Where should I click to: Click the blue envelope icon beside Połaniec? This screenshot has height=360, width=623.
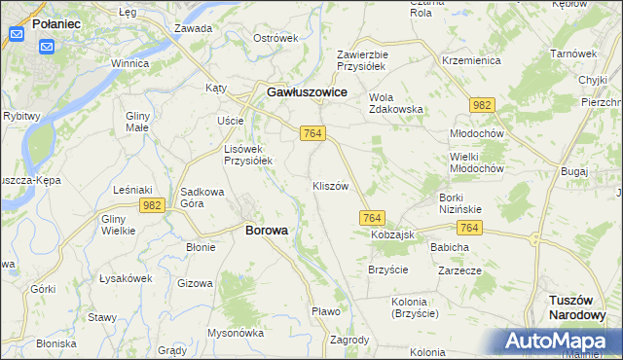click(x=17, y=35)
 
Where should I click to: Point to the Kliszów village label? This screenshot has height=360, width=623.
click(x=330, y=185)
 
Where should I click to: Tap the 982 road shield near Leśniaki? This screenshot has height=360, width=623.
click(x=150, y=205)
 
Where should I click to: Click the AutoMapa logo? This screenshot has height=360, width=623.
click(x=555, y=342)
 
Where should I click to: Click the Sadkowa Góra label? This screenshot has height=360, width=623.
click(x=203, y=198)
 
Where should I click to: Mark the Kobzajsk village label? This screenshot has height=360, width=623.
click(x=392, y=236)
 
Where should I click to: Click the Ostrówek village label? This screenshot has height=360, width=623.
click(x=275, y=38)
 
